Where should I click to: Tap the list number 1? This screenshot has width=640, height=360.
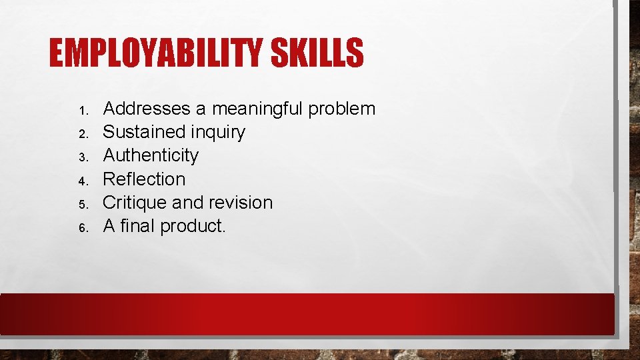[83, 110]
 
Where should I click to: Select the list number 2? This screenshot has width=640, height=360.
[83, 133]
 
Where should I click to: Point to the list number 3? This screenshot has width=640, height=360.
[83, 157]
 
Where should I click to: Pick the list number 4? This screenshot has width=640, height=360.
[83, 181]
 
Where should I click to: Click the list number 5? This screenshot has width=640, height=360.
[83, 204]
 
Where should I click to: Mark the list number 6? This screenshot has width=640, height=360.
[83, 227]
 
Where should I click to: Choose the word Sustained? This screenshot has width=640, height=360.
[145, 132]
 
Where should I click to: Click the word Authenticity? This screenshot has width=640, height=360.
[151, 156]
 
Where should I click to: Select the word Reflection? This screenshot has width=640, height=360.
[145, 179]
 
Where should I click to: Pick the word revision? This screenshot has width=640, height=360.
[242, 202]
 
